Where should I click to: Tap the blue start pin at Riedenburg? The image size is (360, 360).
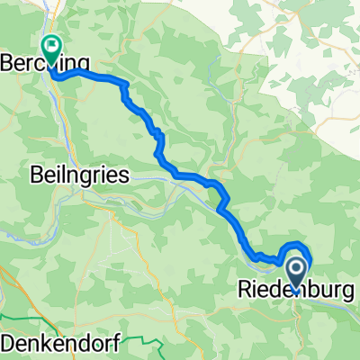coord(296,269)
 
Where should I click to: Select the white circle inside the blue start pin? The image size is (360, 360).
coord(296,265)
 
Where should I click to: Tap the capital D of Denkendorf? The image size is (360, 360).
coord(8,344)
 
